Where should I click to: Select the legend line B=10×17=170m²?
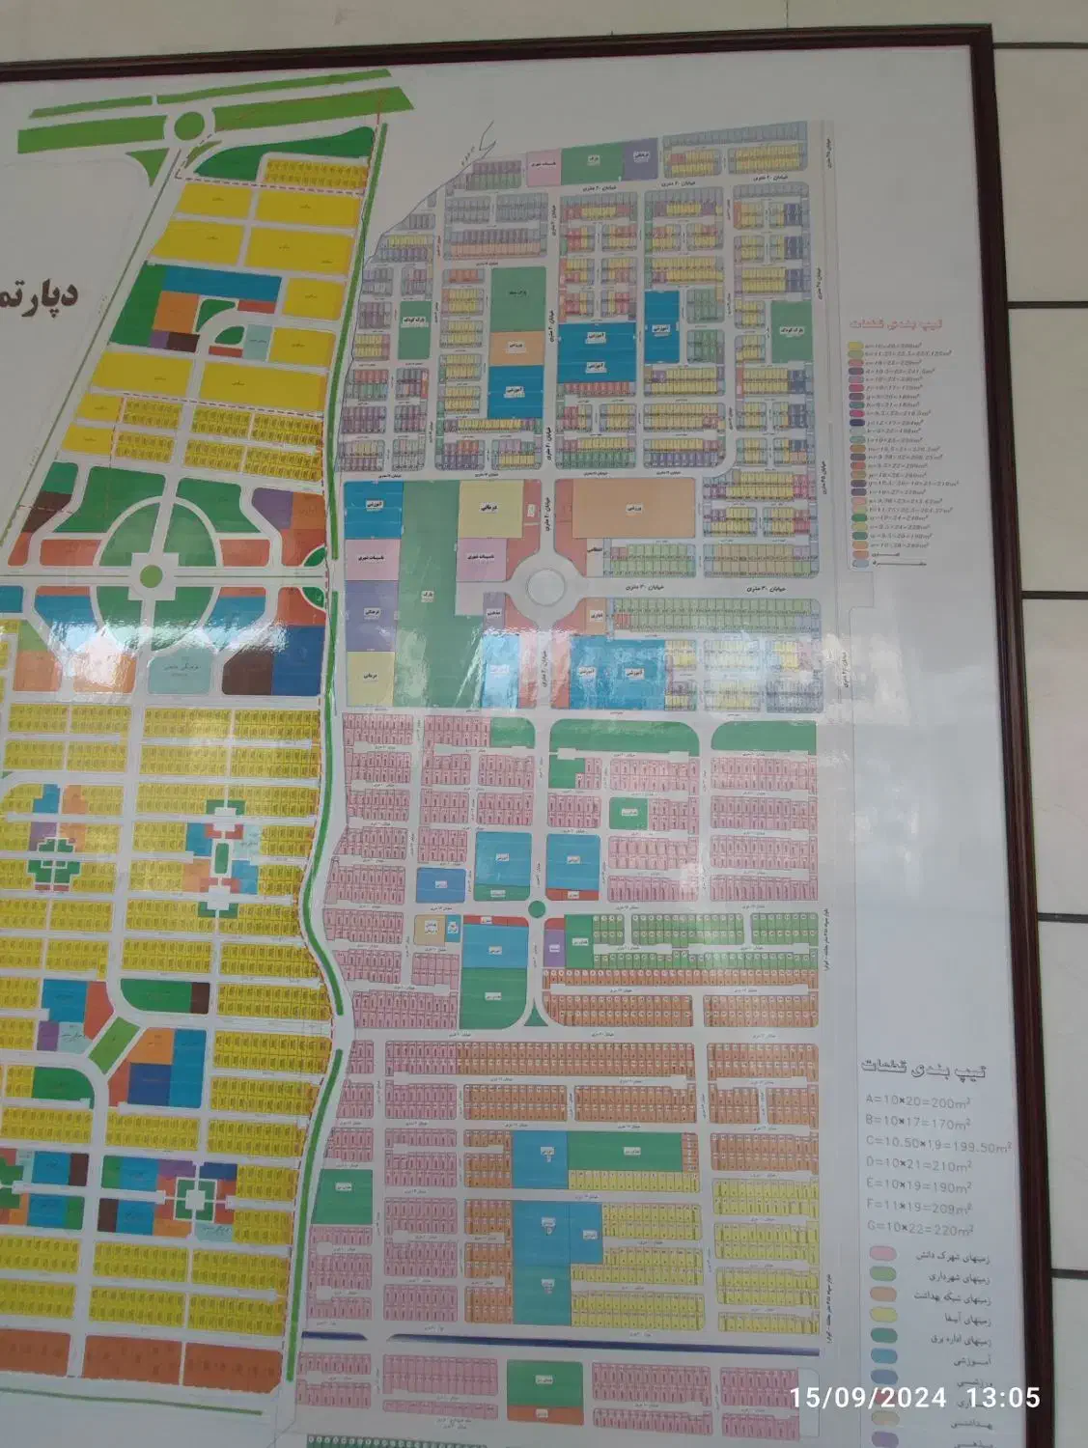(x=918, y=1124)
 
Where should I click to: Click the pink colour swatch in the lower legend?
(x=879, y=1253)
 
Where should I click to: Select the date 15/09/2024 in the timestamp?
(x=868, y=1397)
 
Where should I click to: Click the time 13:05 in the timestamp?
(x=1006, y=1397)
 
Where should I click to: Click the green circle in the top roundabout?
(x=190, y=125)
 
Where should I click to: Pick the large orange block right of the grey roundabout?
(x=632, y=508)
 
